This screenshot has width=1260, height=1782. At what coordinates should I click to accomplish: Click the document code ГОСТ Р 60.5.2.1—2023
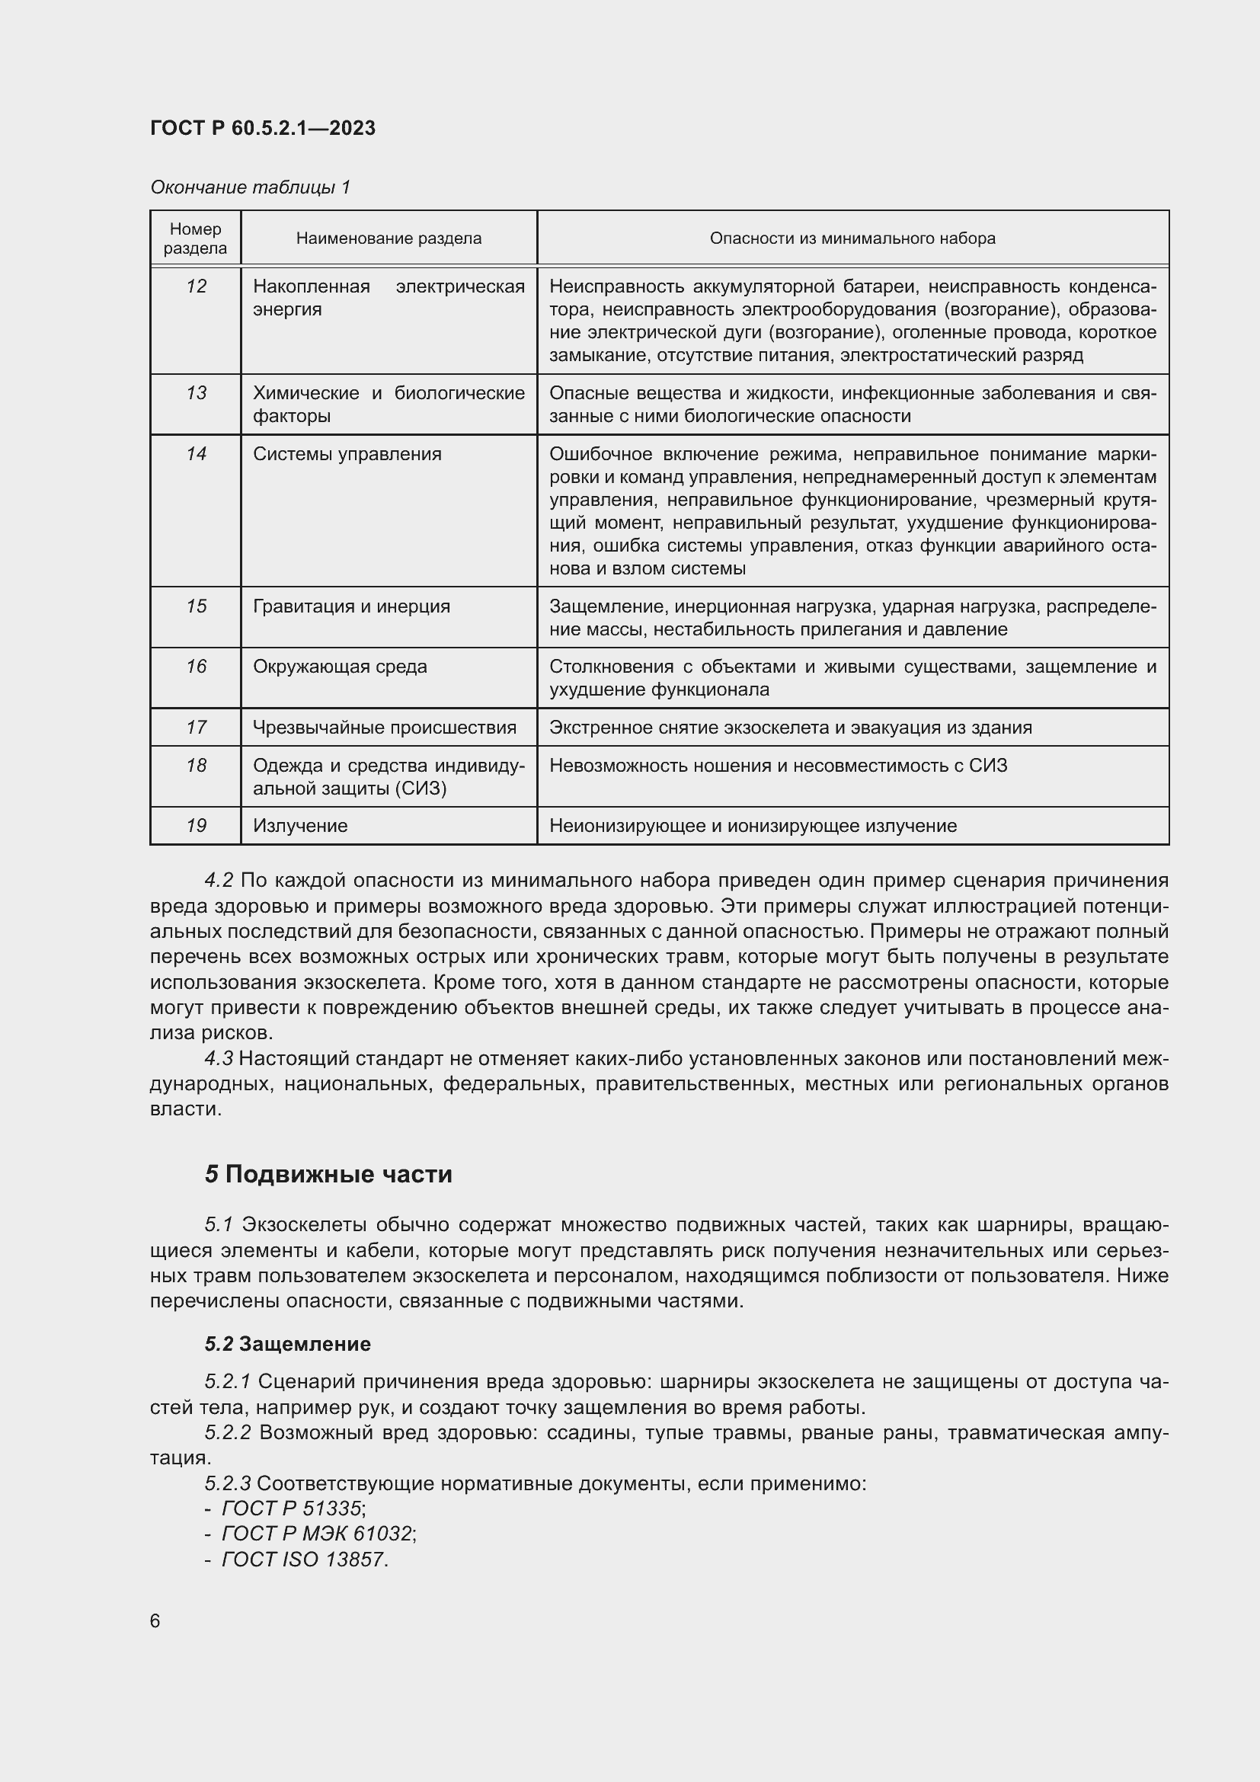262,128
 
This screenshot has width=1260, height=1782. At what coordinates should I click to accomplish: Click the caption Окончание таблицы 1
250,187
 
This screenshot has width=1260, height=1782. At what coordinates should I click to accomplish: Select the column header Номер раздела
196,238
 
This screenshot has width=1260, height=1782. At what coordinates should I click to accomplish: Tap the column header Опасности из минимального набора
852,238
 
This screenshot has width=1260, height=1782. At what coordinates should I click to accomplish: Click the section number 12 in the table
197,286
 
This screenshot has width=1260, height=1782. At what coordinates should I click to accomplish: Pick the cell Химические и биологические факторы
388,405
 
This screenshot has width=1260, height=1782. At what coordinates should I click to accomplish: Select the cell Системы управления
347,454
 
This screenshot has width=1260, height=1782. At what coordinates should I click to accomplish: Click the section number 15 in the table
197,606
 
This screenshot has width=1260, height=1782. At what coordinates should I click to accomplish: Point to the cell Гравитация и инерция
350,606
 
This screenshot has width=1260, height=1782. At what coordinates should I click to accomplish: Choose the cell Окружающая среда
340,667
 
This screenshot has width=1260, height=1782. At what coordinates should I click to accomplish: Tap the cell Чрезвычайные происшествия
384,728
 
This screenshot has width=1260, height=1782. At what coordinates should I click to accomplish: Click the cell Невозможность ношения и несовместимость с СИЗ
778,765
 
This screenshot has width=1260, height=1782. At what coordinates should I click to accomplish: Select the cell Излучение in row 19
299,826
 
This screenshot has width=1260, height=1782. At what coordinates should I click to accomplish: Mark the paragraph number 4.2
219,880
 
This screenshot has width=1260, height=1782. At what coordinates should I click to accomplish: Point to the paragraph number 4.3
219,1059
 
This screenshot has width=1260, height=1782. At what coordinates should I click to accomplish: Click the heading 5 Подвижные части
328,1174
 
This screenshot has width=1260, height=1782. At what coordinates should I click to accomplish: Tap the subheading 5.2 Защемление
288,1343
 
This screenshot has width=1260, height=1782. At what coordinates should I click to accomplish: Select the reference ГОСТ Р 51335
292,1508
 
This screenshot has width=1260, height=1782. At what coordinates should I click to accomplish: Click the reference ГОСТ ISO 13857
302,1560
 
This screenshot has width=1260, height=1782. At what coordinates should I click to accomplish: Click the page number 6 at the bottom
155,1620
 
